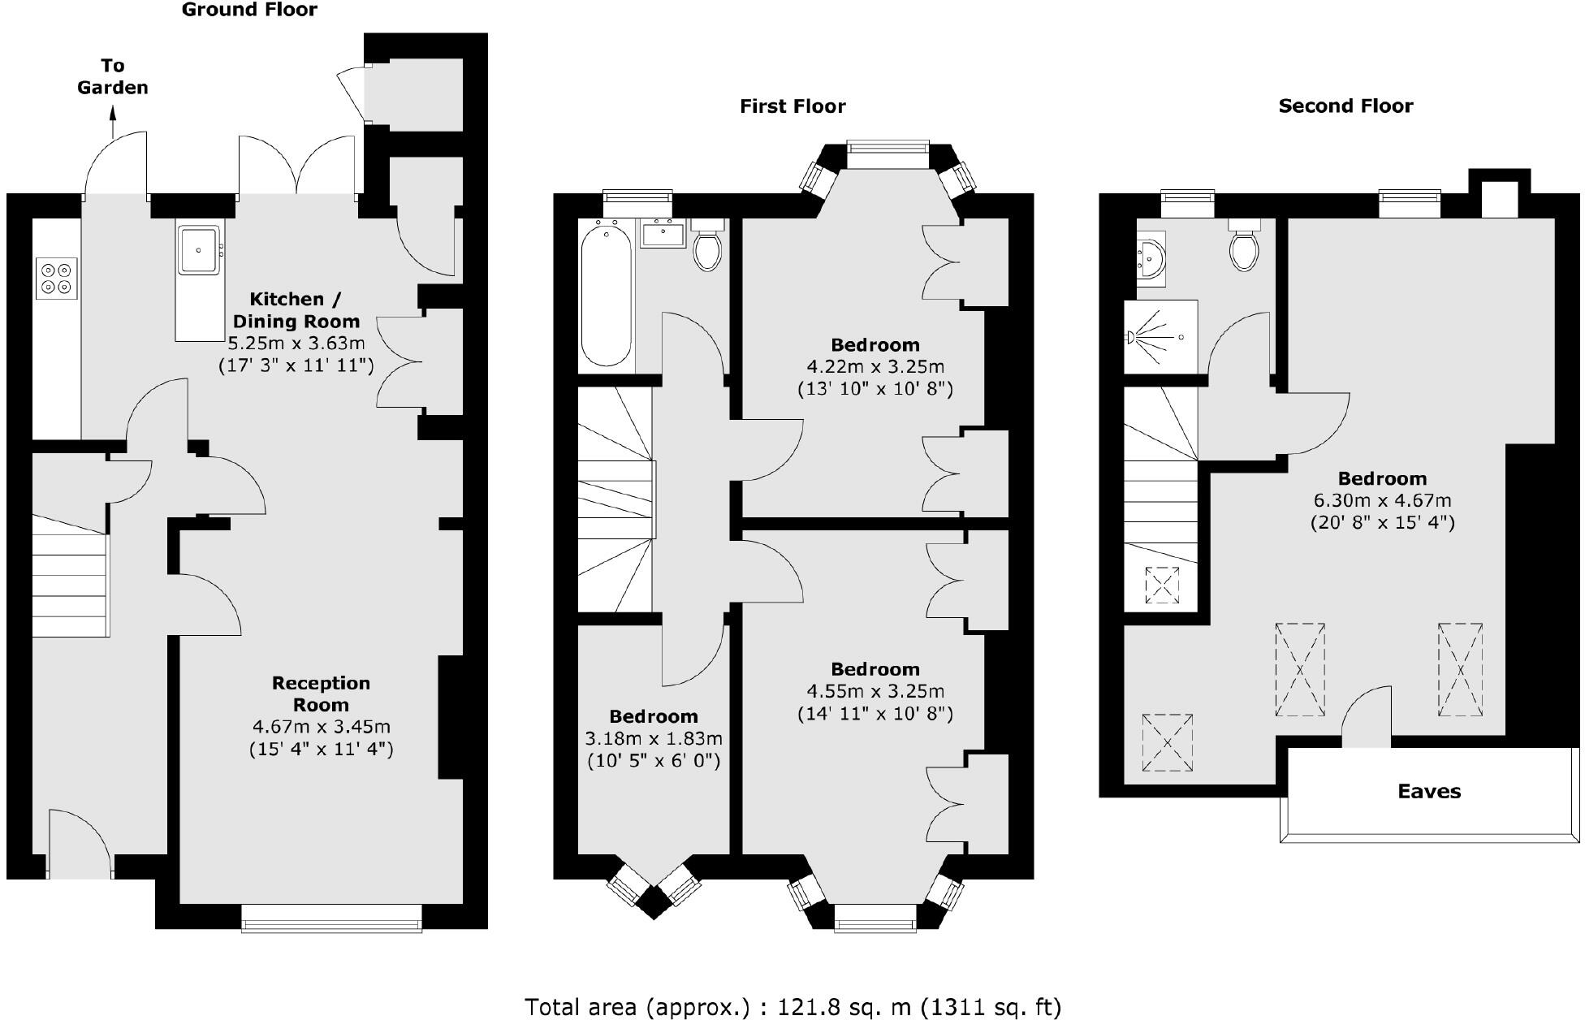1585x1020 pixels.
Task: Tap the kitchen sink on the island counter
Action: (x=198, y=249)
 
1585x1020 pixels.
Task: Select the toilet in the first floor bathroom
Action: (x=707, y=248)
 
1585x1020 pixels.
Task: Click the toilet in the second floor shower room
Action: (x=1244, y=247)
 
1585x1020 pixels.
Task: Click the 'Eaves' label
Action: (x=1428, y=791)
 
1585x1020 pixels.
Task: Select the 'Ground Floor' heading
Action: (x=249, y=10)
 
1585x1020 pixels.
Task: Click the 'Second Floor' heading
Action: (x=1345, y=106)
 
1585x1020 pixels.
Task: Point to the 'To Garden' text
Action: (x=113, y=76)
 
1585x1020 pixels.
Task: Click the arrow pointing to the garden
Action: (x=113, y=126)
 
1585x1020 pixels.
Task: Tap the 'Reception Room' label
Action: (x=321, y=694)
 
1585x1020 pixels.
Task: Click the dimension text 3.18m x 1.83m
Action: (x=654, y=738)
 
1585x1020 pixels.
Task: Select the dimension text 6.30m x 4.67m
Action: (x=1382, y=500)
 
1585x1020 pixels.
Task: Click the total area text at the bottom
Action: (x=792, y=1007)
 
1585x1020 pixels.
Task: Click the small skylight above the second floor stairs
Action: (x=1162, y=585)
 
